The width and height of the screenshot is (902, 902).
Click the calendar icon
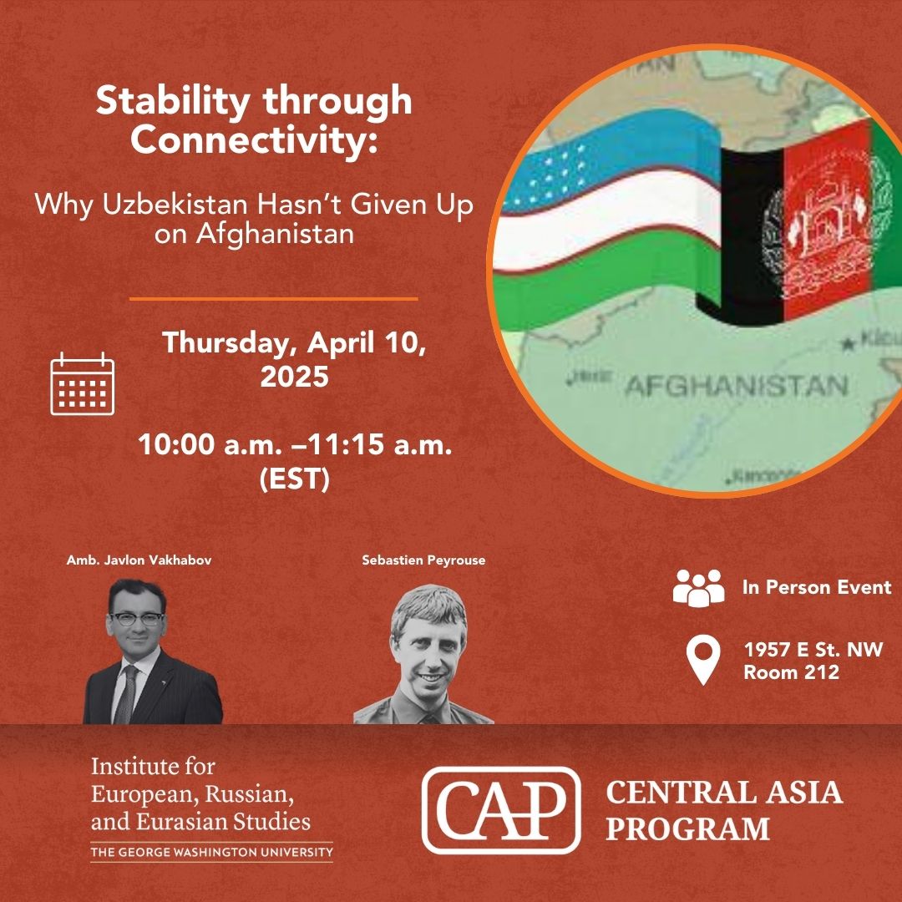tap(82, 383)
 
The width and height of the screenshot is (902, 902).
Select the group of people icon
tap(698, 588)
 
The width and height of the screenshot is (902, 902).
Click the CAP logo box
tap(500, 809)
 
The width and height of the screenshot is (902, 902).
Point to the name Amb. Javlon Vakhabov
tap(139, 560)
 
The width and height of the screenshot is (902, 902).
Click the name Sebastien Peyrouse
tap(423, 560)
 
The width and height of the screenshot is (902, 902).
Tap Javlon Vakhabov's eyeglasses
tap(136, 619)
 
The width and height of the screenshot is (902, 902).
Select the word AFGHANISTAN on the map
tap(735, 386)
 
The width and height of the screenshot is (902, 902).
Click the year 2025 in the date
tap(294, 377)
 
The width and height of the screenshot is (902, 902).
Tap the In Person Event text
tap(816, 587)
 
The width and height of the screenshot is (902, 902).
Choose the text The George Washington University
tap(211, 853)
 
